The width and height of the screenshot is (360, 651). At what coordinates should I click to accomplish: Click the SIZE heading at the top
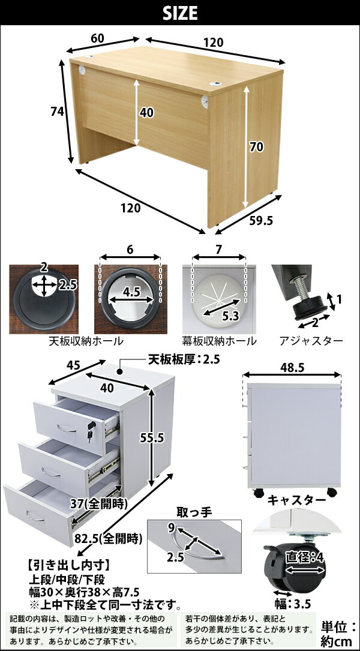click(180, 13)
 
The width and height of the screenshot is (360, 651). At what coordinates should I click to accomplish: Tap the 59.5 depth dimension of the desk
click(261, 220)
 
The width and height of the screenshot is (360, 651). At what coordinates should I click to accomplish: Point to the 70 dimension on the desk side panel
click(257, 147)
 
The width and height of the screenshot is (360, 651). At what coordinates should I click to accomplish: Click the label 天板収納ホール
click(86, 341)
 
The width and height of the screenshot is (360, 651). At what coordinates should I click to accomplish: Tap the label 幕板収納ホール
click(219, 341)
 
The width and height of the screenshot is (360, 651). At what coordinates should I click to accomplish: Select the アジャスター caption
click(311, 341)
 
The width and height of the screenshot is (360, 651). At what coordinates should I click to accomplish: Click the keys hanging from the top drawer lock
click(91, 431)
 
